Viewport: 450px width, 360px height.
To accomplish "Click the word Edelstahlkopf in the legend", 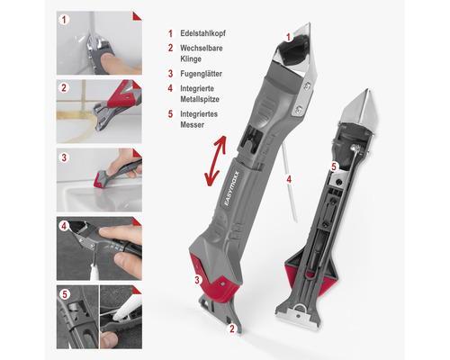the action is point(202,33).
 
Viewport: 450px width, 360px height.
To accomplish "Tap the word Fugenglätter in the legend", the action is point(201,74).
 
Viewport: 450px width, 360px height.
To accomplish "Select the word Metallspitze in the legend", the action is point(200,99).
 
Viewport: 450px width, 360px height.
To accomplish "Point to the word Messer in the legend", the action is point(192,124).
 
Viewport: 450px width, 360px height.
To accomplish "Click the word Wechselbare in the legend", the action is point(202,48).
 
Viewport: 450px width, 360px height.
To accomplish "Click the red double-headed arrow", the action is point(215,160).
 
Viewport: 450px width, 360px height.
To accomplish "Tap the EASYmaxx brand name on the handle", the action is point(231,188).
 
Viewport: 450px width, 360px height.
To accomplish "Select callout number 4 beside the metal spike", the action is point(289,179).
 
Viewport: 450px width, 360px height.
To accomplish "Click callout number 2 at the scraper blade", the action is point(232,328).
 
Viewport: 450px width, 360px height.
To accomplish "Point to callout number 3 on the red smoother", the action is point(197,280).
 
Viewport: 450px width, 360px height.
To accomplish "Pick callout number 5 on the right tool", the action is point(335,166).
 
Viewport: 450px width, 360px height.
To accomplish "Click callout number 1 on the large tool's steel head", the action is point(288,37).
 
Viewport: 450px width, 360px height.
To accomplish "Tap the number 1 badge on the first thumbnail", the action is point(64,20).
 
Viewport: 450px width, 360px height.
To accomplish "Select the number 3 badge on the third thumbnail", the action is point(64,157).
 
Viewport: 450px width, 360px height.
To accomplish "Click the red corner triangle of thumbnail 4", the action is point(138,220).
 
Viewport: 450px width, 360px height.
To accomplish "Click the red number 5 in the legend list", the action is point(170,114).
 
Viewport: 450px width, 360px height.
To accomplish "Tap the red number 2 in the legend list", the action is point(170,48).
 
